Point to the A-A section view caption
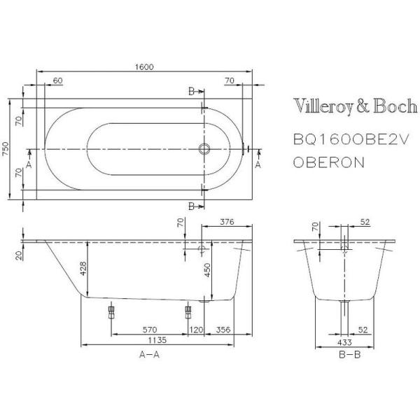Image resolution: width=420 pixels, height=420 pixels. [150, 356]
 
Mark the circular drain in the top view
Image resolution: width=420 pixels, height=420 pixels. [205, 149]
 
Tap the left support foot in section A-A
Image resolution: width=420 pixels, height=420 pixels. [110, 311]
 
